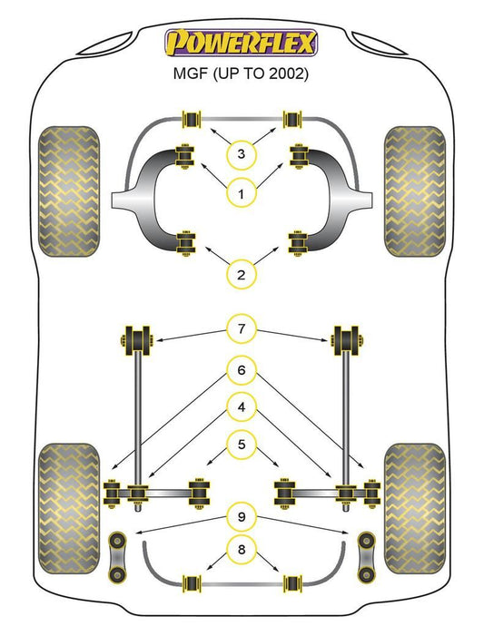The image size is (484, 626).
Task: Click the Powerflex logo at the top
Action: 241,43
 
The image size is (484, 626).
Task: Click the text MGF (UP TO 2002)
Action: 241,73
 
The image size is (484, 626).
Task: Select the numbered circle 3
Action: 241,153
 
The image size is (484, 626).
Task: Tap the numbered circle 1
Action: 241,194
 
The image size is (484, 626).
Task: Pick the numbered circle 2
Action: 241,275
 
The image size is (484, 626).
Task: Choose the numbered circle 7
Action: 242,328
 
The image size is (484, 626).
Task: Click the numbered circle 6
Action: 242,370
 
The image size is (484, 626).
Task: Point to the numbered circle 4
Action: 242,407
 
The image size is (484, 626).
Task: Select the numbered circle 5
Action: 242,444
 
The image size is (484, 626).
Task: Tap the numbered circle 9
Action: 242,517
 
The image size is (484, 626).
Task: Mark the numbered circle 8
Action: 242,550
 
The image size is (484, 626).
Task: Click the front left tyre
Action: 69,191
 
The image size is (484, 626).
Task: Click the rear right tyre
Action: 415,508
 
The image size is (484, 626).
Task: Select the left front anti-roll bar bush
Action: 192,119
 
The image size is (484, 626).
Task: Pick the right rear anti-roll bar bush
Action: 292,584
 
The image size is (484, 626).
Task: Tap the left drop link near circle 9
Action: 117,556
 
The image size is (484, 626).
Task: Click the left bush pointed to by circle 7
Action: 137,340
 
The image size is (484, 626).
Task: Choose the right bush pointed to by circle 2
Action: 298,243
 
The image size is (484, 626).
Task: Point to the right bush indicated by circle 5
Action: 284,494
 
